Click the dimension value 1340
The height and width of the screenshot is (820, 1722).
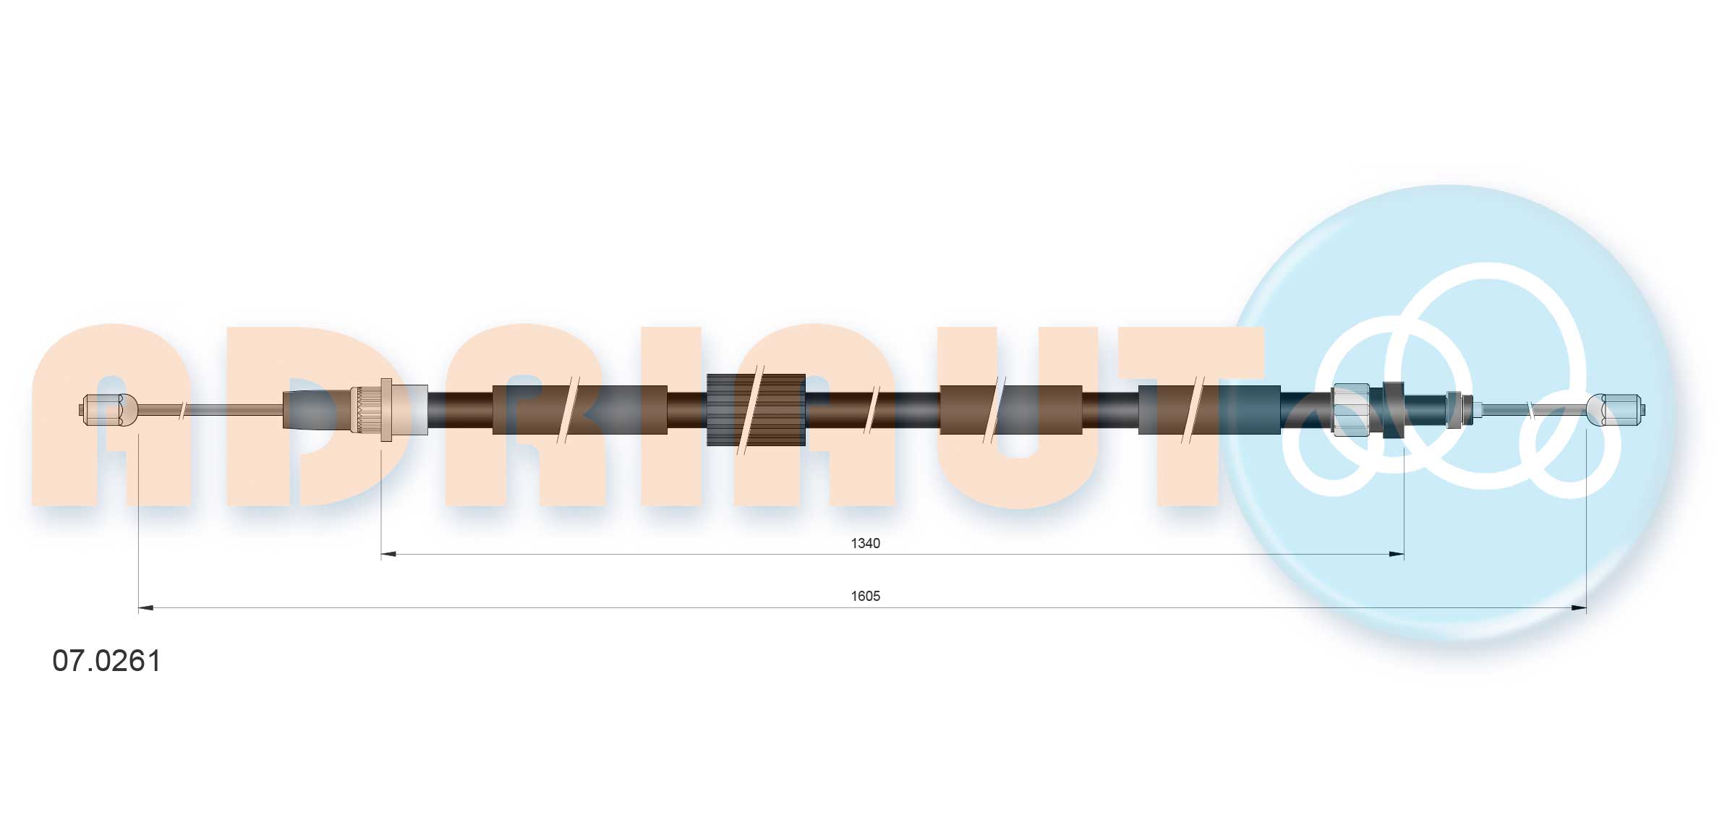point(865,543)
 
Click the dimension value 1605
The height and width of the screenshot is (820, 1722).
point(865,596)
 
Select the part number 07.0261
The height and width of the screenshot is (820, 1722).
point(106,661)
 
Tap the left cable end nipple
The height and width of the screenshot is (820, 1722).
point(108,410)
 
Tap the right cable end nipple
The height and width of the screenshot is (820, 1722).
point(1617,410)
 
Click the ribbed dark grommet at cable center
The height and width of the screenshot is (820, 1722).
point(756,410)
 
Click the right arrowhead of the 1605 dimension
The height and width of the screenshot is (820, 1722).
point(1578,608)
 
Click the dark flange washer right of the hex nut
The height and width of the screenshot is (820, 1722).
point(1393,410)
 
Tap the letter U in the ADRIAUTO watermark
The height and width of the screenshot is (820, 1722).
point(1016,419)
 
